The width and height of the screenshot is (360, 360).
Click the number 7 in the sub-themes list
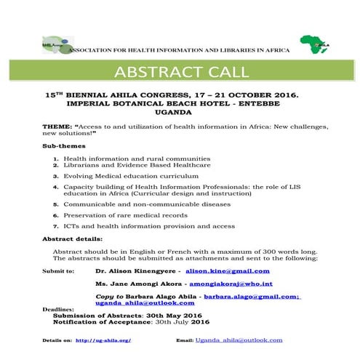click(x=56, y=226)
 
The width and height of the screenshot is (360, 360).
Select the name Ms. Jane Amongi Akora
click(x=139, y=284)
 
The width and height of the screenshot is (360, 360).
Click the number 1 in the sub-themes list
click(x=56, y=158)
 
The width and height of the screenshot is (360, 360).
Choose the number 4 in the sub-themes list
click(x=56, y=187)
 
